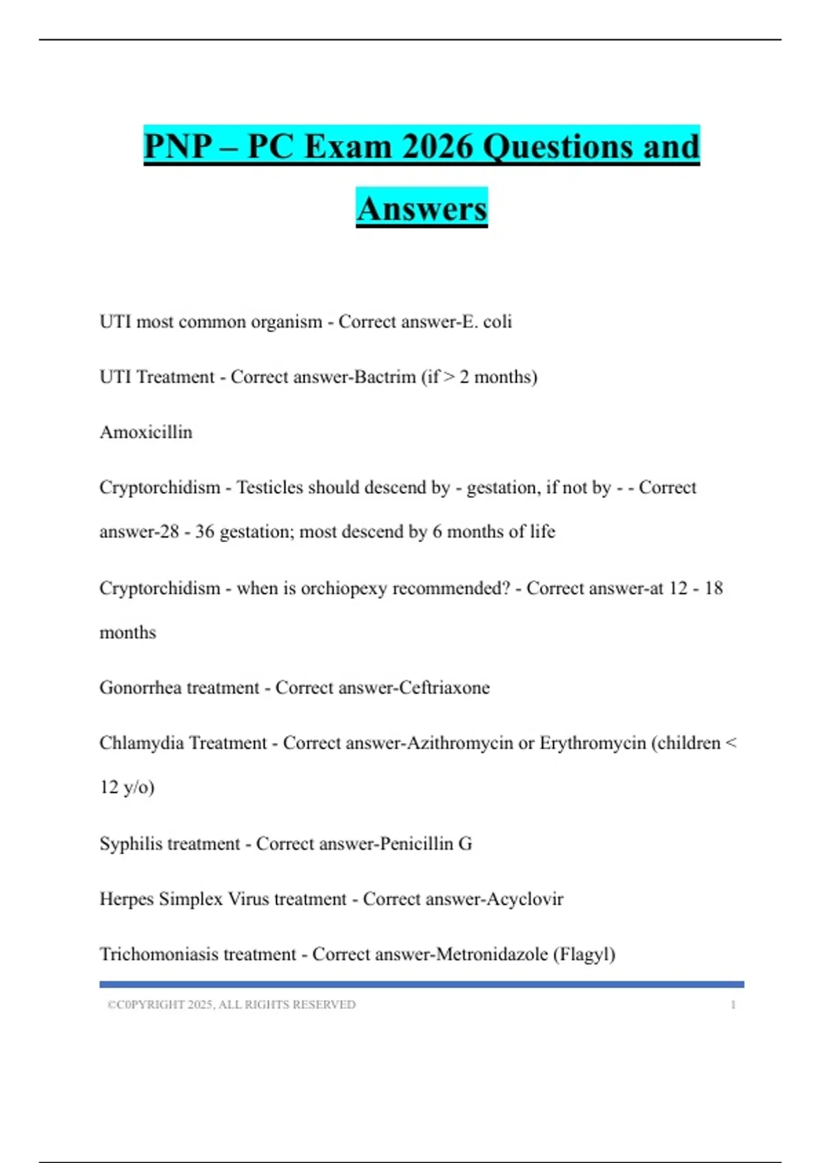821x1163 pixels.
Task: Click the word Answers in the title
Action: point(421,208)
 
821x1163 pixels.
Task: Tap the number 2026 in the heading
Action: point(438,146)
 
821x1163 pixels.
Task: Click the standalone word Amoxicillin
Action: point(146,432)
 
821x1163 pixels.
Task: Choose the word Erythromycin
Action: point(592,743)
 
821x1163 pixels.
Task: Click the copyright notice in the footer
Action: point(231,1005)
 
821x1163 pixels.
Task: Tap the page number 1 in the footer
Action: point(733,1005)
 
